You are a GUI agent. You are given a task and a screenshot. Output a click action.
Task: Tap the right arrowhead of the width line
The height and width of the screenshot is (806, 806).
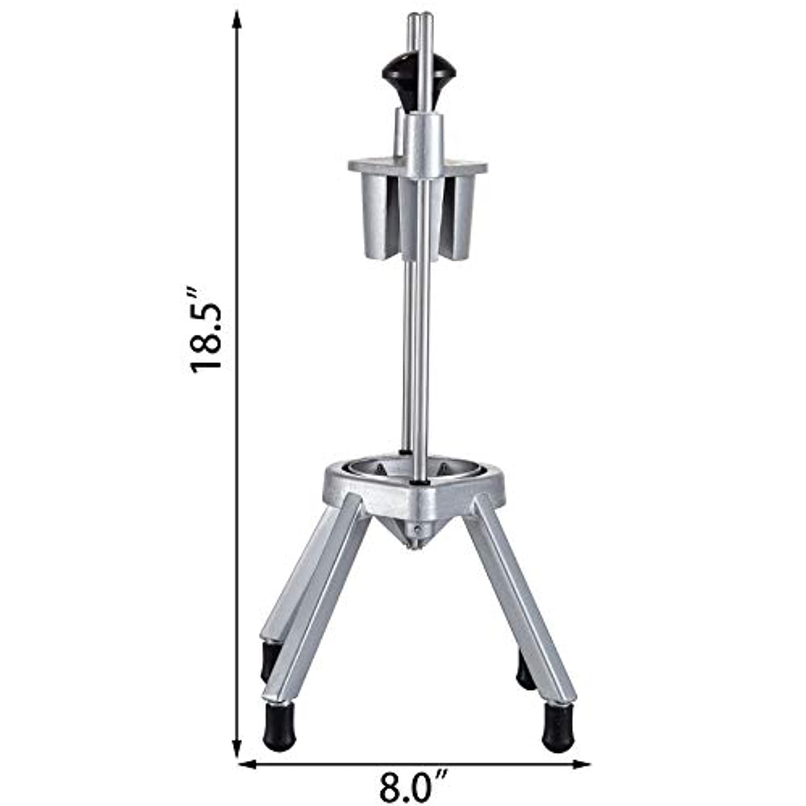point(581,763)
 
